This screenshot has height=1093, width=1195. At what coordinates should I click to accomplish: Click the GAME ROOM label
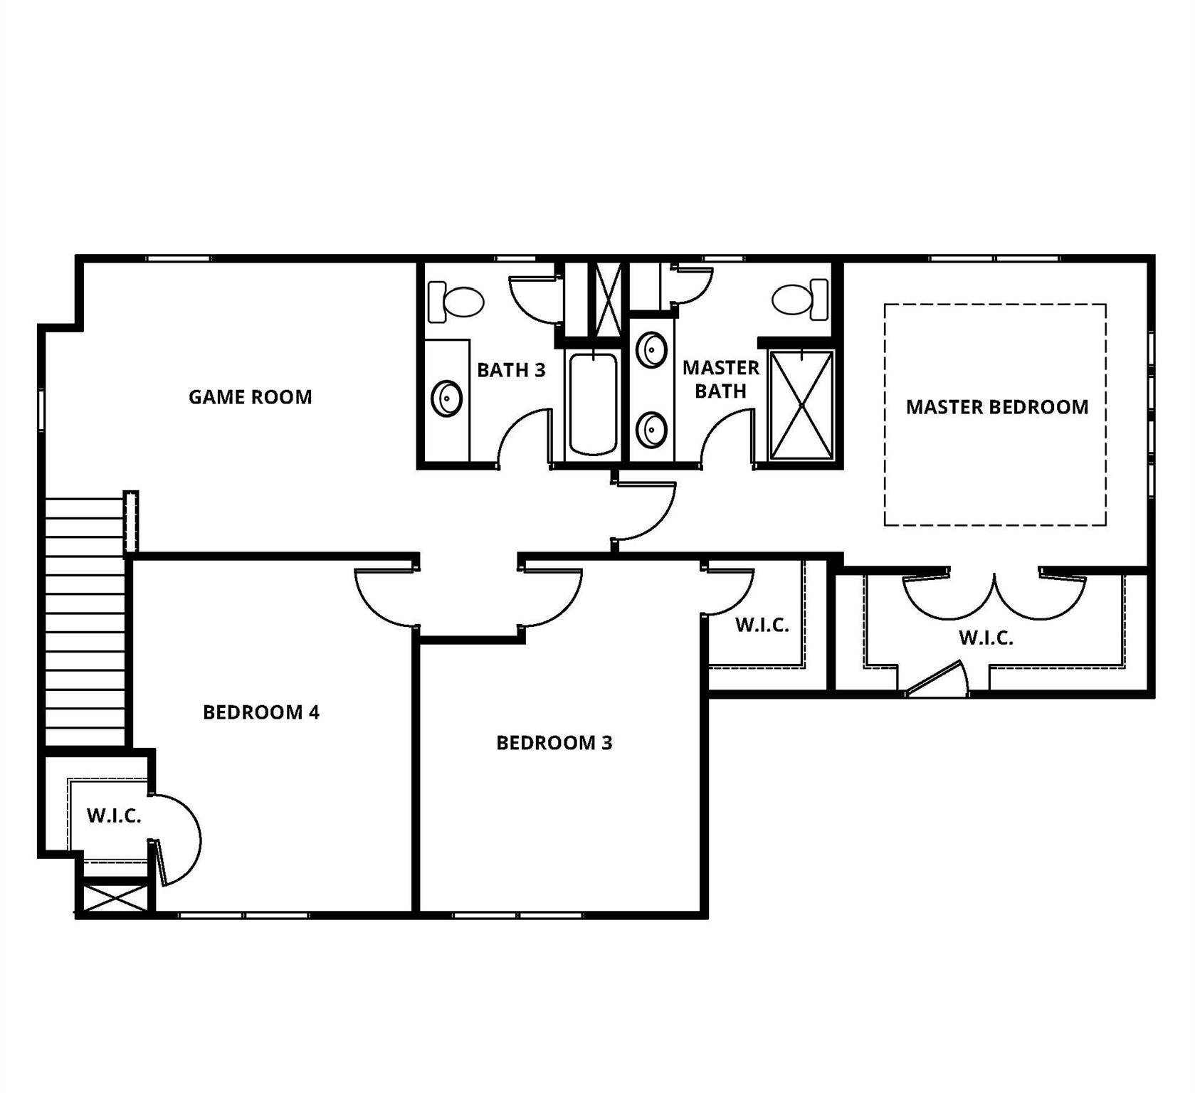(x=250, y=397)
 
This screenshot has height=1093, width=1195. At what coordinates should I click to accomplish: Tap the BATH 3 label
(x=511, y=370)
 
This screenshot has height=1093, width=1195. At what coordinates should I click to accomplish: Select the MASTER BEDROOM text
(x=996, y=407)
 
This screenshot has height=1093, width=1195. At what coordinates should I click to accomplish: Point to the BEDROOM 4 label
(x=261, y=712)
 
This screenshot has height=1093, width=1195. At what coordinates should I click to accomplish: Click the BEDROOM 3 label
(x=554, y=743)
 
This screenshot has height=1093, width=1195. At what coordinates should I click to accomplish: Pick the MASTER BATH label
(x=720, y=379)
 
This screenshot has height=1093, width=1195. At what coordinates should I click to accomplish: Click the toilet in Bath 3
(x=456, y=302)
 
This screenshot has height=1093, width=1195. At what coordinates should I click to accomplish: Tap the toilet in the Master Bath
(x=800, y=300)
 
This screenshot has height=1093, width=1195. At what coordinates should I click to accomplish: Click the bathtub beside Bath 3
(x=593, y=403)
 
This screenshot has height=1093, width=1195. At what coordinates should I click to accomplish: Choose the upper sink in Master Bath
(x=651, y=350)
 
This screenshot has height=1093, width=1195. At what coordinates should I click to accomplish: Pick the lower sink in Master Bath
(x=651, y=430)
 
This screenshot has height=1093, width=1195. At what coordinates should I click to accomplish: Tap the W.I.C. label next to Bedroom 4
(x=114, y=815)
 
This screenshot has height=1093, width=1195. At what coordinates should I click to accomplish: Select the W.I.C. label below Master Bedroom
(x=986, y=638)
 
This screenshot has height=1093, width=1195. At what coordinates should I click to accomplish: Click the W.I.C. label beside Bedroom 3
(x=762, y=625)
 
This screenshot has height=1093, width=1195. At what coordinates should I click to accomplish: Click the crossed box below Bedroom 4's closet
(x=114, y=898)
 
